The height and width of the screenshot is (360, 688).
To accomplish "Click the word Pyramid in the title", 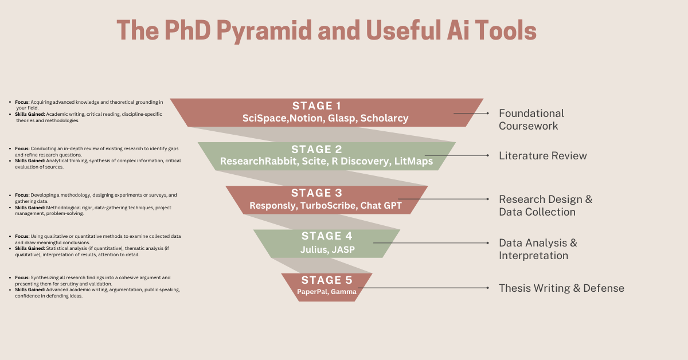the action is pos(264,31).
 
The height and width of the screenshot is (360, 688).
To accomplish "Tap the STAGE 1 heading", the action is pos(316,106).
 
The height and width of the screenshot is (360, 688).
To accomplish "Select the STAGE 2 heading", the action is pos(316,150).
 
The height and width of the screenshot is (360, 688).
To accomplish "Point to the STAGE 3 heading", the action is pos(316,193).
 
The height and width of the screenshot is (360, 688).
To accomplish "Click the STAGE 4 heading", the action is pos(327,236).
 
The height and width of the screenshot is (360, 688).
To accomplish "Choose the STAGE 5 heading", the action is pos(327,280).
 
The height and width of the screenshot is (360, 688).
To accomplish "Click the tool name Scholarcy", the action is pos(384,118).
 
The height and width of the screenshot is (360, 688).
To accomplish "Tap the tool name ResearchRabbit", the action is pos(259,161).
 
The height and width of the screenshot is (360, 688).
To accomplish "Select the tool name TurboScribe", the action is pos(328,205).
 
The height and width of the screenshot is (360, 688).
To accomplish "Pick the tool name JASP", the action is pos(343,249).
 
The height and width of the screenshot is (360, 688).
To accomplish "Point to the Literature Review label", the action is pos(543,156).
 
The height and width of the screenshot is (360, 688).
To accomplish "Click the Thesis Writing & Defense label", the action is pos(561,288).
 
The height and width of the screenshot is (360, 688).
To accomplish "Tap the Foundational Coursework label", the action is pos(531,119).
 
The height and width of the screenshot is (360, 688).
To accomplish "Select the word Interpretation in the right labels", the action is pos(534,256).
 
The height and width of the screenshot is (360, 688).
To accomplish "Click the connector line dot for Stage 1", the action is pos(488,114).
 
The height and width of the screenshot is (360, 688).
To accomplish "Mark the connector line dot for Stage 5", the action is pos(488,288).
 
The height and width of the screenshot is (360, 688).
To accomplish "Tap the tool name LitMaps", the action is pos(413,161).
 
